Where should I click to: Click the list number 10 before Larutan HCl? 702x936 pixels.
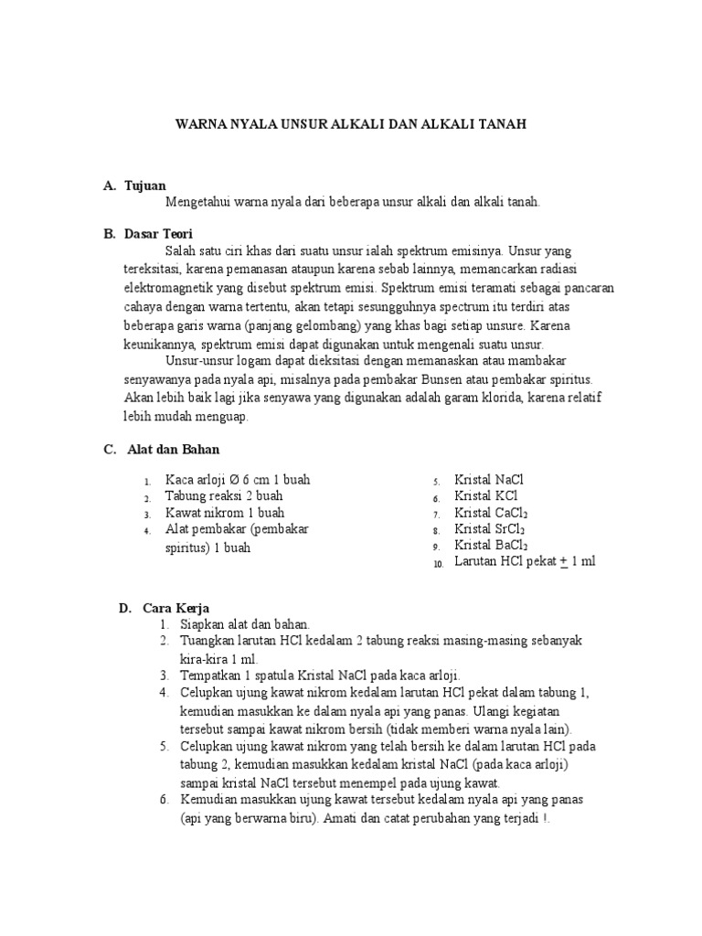tap(438, 564)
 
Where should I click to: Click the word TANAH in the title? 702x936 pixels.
tap(500, 123)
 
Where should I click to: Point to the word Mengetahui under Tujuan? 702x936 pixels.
tap(197, 202)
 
